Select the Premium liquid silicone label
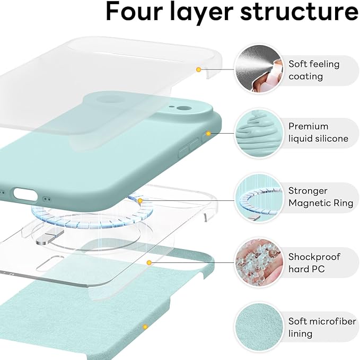(318, 133)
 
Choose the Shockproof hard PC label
(314, 263)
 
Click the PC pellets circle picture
(258, 263)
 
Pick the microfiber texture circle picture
(258, 328)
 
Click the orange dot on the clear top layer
(198, 69)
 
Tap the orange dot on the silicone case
(208, 133)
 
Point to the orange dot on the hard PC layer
(150, 262)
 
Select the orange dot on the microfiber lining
(144, 327)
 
